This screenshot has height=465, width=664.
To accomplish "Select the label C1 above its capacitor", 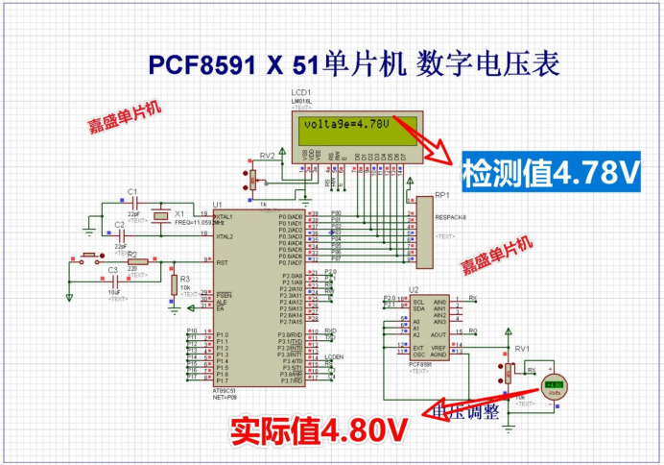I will (132, 191).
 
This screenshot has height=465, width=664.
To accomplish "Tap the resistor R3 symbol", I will (173, 285).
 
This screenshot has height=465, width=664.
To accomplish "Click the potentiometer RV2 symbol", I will (253, 179).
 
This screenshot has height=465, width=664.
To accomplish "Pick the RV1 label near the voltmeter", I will (522, 348).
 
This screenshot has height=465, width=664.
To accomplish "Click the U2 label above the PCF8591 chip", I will (414, 289).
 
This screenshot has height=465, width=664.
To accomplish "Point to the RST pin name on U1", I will (222, 261).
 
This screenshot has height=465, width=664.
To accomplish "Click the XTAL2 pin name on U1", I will (225, 234).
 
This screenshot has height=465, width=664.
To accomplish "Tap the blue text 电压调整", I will (466, 412).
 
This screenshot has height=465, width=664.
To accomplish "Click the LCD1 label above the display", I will (301, 92).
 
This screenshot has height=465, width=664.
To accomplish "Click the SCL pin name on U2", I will (417, 301).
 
